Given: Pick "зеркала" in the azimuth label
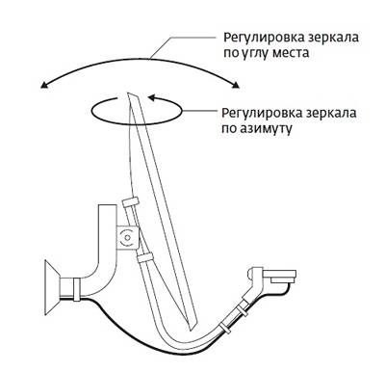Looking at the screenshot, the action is tap(333, 110).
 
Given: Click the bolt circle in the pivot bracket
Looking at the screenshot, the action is tap(124, 235).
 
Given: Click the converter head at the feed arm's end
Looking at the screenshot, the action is tap(278, 276).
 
